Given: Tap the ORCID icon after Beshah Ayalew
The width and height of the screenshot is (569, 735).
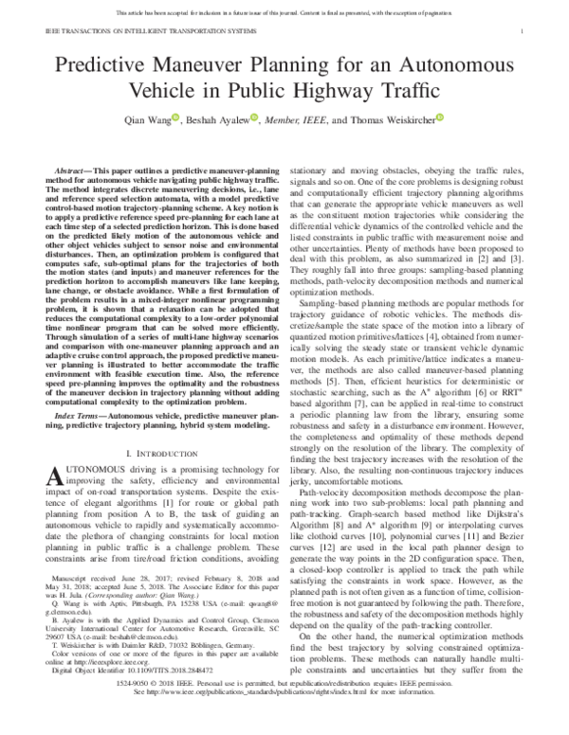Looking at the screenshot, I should [261, 119].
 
